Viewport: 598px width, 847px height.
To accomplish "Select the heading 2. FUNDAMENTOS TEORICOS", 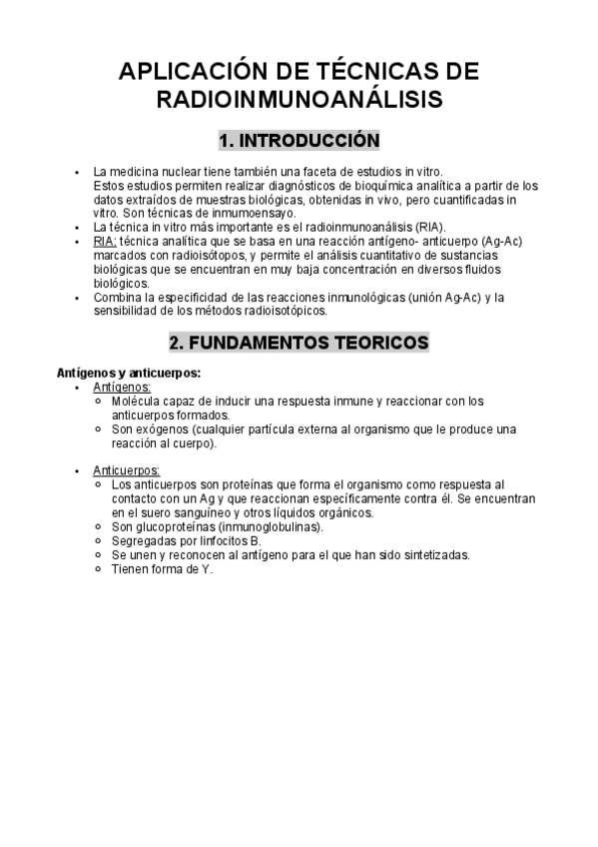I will click(299, 343).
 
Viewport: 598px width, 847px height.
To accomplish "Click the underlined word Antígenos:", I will click(122, 386).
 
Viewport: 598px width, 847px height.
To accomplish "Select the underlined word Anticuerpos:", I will click(127, 469).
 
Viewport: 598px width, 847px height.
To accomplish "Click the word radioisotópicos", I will click(282, 311).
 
